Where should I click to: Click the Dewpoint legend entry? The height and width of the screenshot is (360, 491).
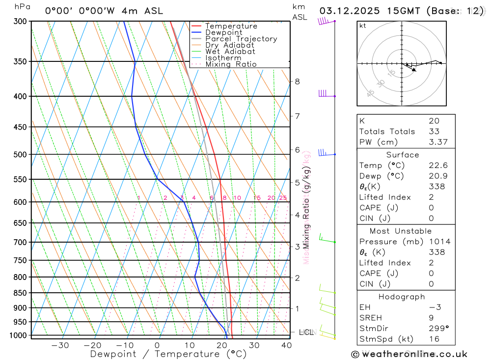point(223,32)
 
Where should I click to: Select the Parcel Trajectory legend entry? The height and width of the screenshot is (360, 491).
point(241,39)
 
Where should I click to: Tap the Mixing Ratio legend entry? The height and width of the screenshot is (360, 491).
point(231,64)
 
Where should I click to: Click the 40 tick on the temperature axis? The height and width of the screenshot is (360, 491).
point(286,345)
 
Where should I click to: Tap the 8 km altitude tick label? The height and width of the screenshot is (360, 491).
point(297,82)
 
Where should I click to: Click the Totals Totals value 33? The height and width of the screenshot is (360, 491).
point(434,132)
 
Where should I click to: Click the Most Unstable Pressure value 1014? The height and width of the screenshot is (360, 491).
point(439,242)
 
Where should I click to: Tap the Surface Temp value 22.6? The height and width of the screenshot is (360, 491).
point(438,166)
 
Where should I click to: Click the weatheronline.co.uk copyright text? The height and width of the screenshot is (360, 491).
point(409,354)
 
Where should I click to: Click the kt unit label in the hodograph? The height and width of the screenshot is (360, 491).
point(363,26)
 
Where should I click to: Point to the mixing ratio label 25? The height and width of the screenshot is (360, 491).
point(283,198)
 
